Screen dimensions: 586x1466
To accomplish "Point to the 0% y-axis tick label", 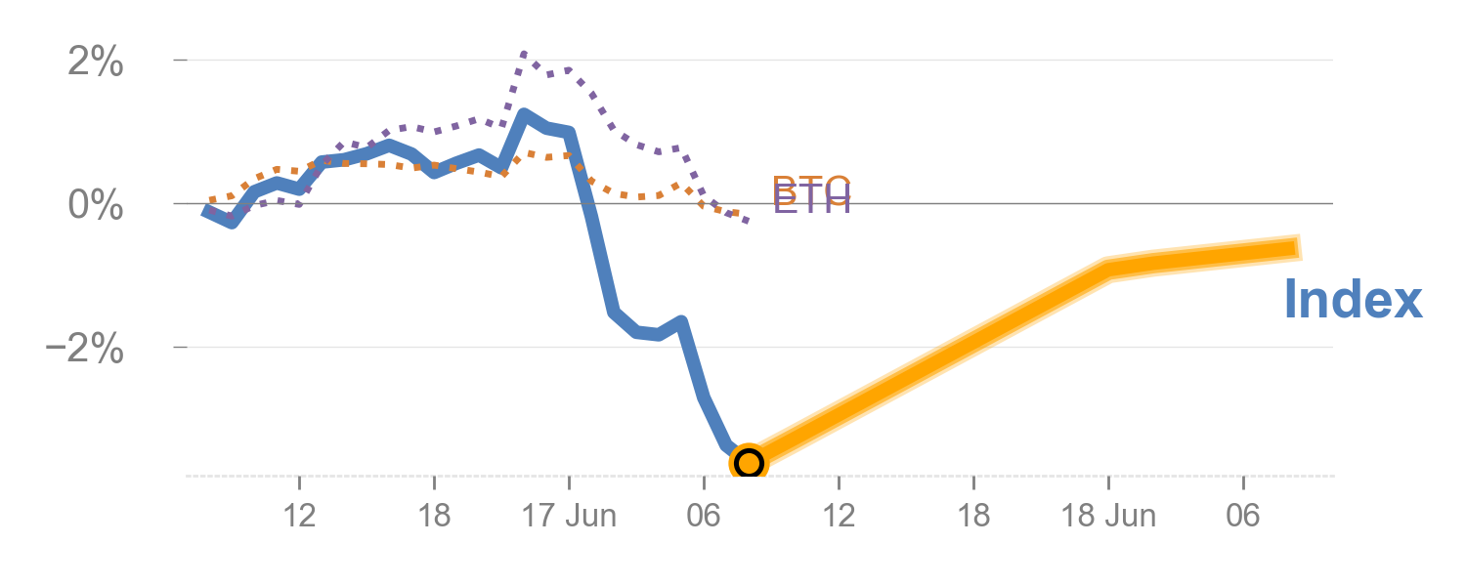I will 95,206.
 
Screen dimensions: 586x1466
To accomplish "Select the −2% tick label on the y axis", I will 85,349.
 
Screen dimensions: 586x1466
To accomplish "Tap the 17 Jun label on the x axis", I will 569,515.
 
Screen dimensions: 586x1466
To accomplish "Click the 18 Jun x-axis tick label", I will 1108,515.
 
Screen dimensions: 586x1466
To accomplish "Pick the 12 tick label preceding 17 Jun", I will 299,515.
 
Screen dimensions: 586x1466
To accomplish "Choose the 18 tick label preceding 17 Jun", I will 434,515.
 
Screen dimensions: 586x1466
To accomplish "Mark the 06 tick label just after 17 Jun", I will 704,515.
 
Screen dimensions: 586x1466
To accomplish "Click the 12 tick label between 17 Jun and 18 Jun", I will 839,515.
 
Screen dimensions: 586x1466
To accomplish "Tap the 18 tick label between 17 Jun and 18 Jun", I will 973,515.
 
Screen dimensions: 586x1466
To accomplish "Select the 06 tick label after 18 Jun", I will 1243,515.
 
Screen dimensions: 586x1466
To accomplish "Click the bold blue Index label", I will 1353,299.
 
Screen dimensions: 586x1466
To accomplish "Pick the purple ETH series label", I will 812,203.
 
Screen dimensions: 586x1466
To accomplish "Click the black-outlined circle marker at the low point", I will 749,462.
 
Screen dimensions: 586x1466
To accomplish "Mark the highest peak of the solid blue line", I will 524,115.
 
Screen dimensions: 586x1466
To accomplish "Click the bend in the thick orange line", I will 1108,270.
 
